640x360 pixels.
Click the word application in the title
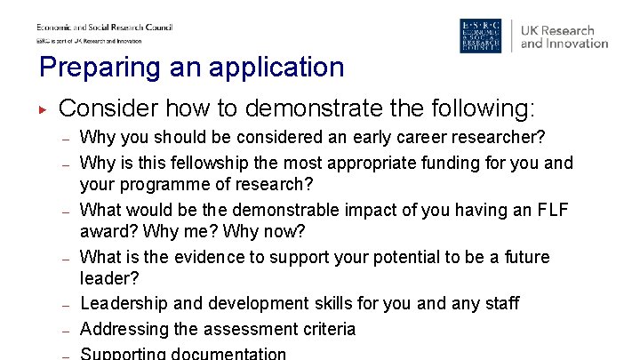tap(271, 68)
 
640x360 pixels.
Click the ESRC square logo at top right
tap(480, 36)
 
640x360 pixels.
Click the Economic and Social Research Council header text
tap(104, 28)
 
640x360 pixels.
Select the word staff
tap(500, 303)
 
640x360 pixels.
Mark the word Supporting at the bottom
tap(122, 353)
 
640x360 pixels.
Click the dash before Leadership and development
tap(66, 304)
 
